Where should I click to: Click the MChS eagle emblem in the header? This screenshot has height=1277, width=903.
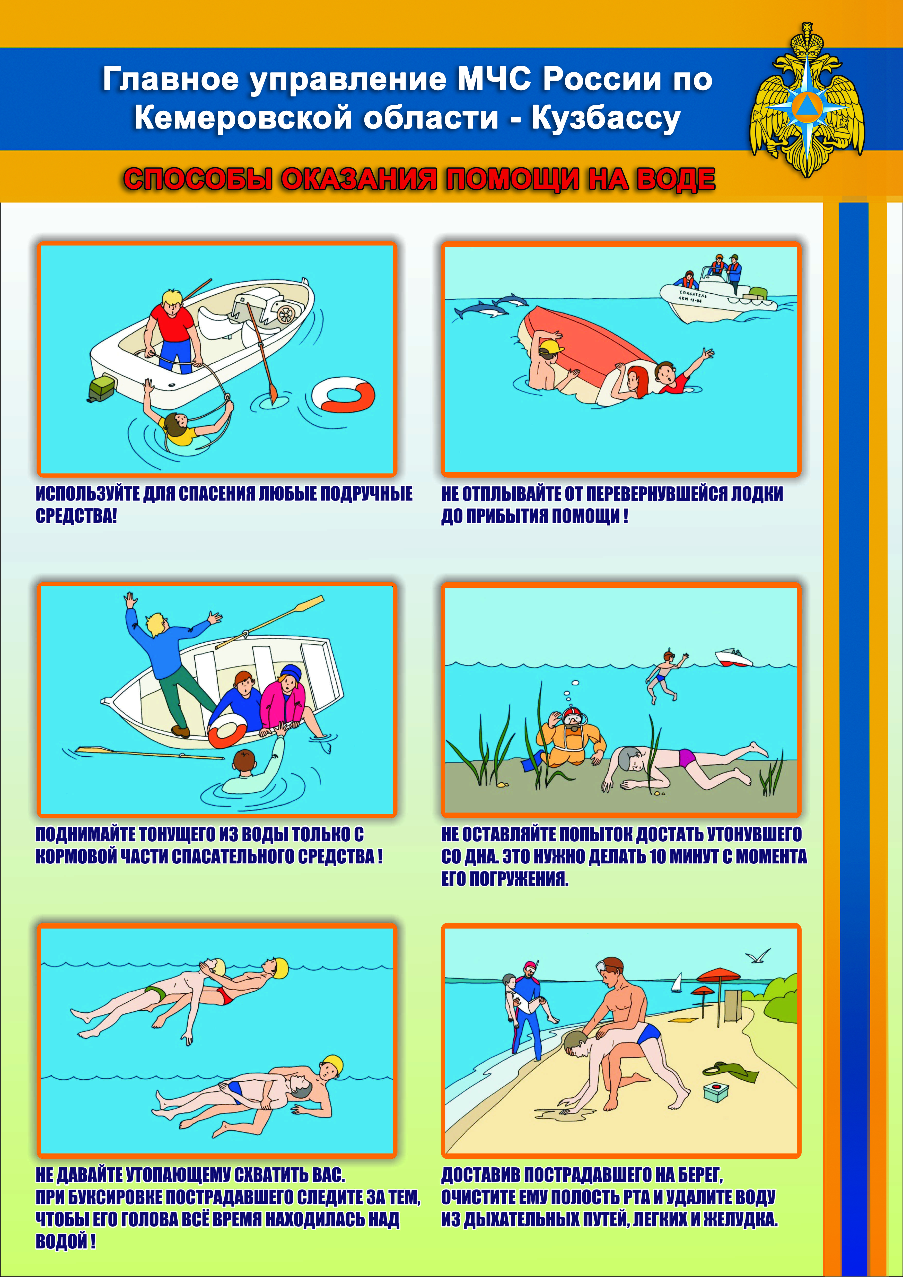point(807,100)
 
